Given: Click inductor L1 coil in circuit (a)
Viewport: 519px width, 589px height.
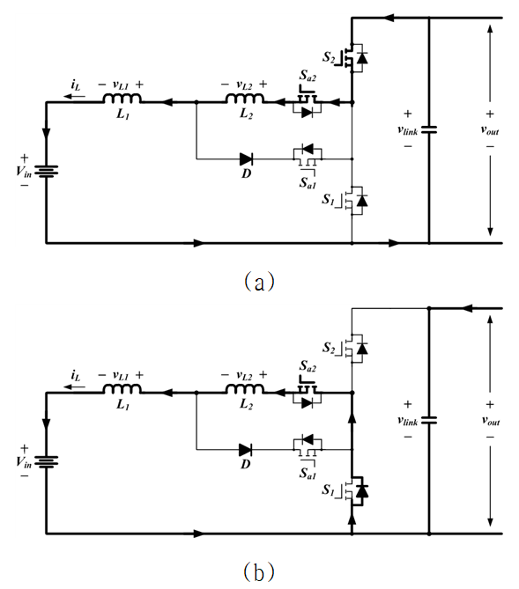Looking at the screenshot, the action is point(122,99).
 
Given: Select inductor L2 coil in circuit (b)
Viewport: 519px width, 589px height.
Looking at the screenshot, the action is point(245,389).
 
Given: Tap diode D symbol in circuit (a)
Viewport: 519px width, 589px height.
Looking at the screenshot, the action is point(247,159).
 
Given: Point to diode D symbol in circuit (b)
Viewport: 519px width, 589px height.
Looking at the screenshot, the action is point(246,450).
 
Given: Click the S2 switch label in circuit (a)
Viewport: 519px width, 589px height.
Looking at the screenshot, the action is point(329,57).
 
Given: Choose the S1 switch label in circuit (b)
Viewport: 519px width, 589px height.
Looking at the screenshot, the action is point(328,490).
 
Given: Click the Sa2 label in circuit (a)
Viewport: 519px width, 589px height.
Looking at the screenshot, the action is point(308,76).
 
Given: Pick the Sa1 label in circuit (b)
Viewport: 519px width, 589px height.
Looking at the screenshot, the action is point(308,474).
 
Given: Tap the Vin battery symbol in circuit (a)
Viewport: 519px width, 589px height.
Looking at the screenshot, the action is point(46,172).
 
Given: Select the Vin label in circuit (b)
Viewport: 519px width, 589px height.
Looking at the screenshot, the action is point(23,462).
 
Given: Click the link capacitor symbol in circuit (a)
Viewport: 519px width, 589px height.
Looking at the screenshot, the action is point(429,130).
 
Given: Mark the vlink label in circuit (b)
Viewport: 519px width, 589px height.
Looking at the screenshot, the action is point(408,421).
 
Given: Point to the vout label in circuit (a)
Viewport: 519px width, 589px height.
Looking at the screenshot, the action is point(490,129).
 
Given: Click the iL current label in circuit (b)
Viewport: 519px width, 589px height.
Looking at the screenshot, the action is point(75,375).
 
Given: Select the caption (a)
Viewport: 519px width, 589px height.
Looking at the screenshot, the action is point(259,282).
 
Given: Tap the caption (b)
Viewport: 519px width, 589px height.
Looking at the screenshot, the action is point(259,571).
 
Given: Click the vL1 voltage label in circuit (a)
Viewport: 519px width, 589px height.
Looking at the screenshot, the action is point(121,85).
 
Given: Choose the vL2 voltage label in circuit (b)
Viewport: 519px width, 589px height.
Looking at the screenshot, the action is point(244,375).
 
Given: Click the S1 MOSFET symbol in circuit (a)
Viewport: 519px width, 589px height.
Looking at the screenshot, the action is point(353,201).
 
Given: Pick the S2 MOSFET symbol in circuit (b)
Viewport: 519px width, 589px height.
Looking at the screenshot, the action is point(353,349).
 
